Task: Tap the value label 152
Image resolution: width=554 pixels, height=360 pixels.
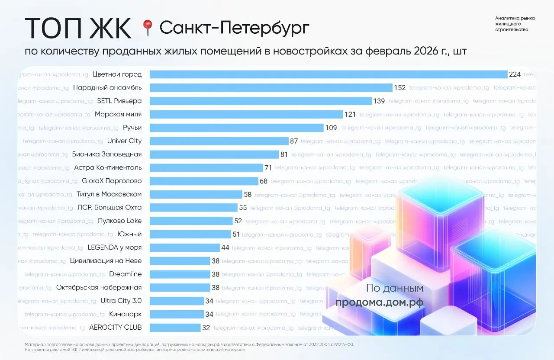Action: coord(399,88)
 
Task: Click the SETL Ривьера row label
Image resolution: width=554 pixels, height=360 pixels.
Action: coord(119,101)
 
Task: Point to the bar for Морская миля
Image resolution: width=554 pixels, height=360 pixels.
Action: coord(246,114)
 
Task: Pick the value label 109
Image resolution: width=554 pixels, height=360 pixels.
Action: coord(332,128)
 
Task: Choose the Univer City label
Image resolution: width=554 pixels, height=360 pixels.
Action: coord(124,141)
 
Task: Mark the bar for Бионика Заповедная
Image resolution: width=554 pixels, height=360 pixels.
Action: coord(214,154)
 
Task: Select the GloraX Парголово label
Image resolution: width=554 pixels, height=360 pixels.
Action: coord(112,181)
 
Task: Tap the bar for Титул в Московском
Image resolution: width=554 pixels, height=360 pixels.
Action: coord(196,194)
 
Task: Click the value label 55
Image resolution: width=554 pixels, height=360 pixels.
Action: coord(243,208)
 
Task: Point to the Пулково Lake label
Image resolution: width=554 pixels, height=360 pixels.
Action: coord(119,221)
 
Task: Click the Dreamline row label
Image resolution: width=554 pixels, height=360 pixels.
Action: coord(125,274)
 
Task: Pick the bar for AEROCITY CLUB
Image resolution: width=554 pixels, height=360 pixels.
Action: coord(175,328)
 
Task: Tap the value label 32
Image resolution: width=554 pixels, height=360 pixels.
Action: coord(206,328)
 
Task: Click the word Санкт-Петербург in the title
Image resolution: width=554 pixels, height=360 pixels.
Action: coord(235,28)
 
